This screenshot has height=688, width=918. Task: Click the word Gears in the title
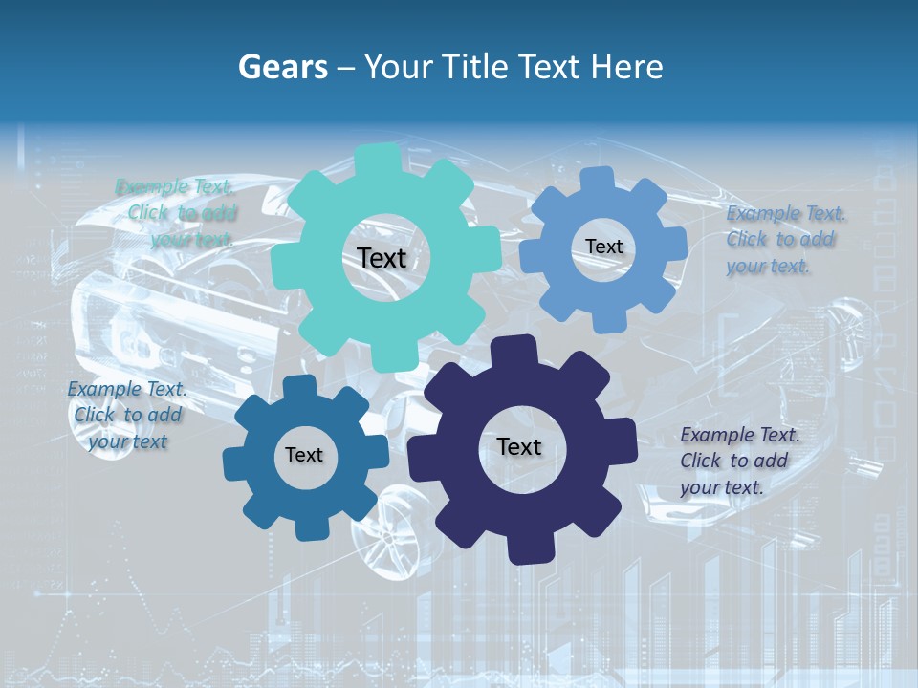click(x=283, y=67)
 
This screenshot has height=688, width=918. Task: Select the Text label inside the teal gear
click(x=382, y=258)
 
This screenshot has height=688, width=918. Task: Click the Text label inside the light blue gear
click(x=603, y=247)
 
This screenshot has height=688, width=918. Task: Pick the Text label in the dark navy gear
click(x=519, y=446)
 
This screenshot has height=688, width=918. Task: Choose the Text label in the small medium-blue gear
click(x=303, y=455)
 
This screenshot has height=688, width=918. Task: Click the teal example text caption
click(x=178, y=213)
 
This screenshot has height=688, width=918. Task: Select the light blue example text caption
click(x=785, y=240)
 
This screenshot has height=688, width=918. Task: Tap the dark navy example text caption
click(x=739, y=461)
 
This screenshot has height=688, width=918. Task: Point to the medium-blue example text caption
click(x=127, y=415)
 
